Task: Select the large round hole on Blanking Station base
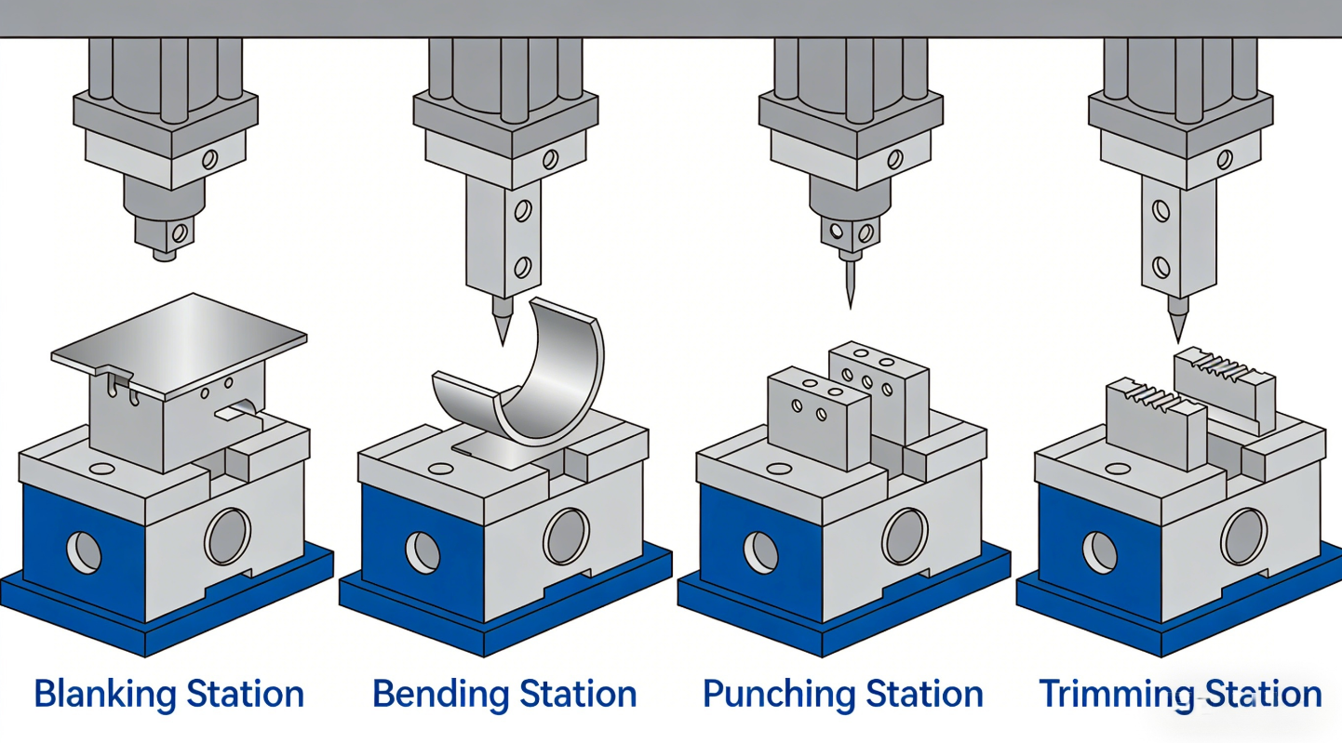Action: [x=227, y=537]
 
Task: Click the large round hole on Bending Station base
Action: [x=566, y=537]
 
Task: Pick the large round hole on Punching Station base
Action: [x=905, y=537]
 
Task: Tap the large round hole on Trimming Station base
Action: [x=1243, y=537]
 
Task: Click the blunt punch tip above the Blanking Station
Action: [x=164, y=254]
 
